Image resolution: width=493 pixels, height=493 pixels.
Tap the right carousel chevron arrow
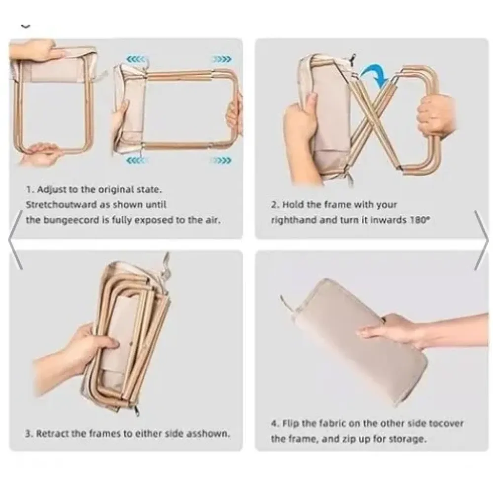(x=481, y=240)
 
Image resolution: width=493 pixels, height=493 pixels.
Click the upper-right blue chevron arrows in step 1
(x=222, y=59)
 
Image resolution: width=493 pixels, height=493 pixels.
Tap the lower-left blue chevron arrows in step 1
(x=136, y=160)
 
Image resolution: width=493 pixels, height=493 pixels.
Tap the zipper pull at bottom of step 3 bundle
(x=137, y=410)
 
